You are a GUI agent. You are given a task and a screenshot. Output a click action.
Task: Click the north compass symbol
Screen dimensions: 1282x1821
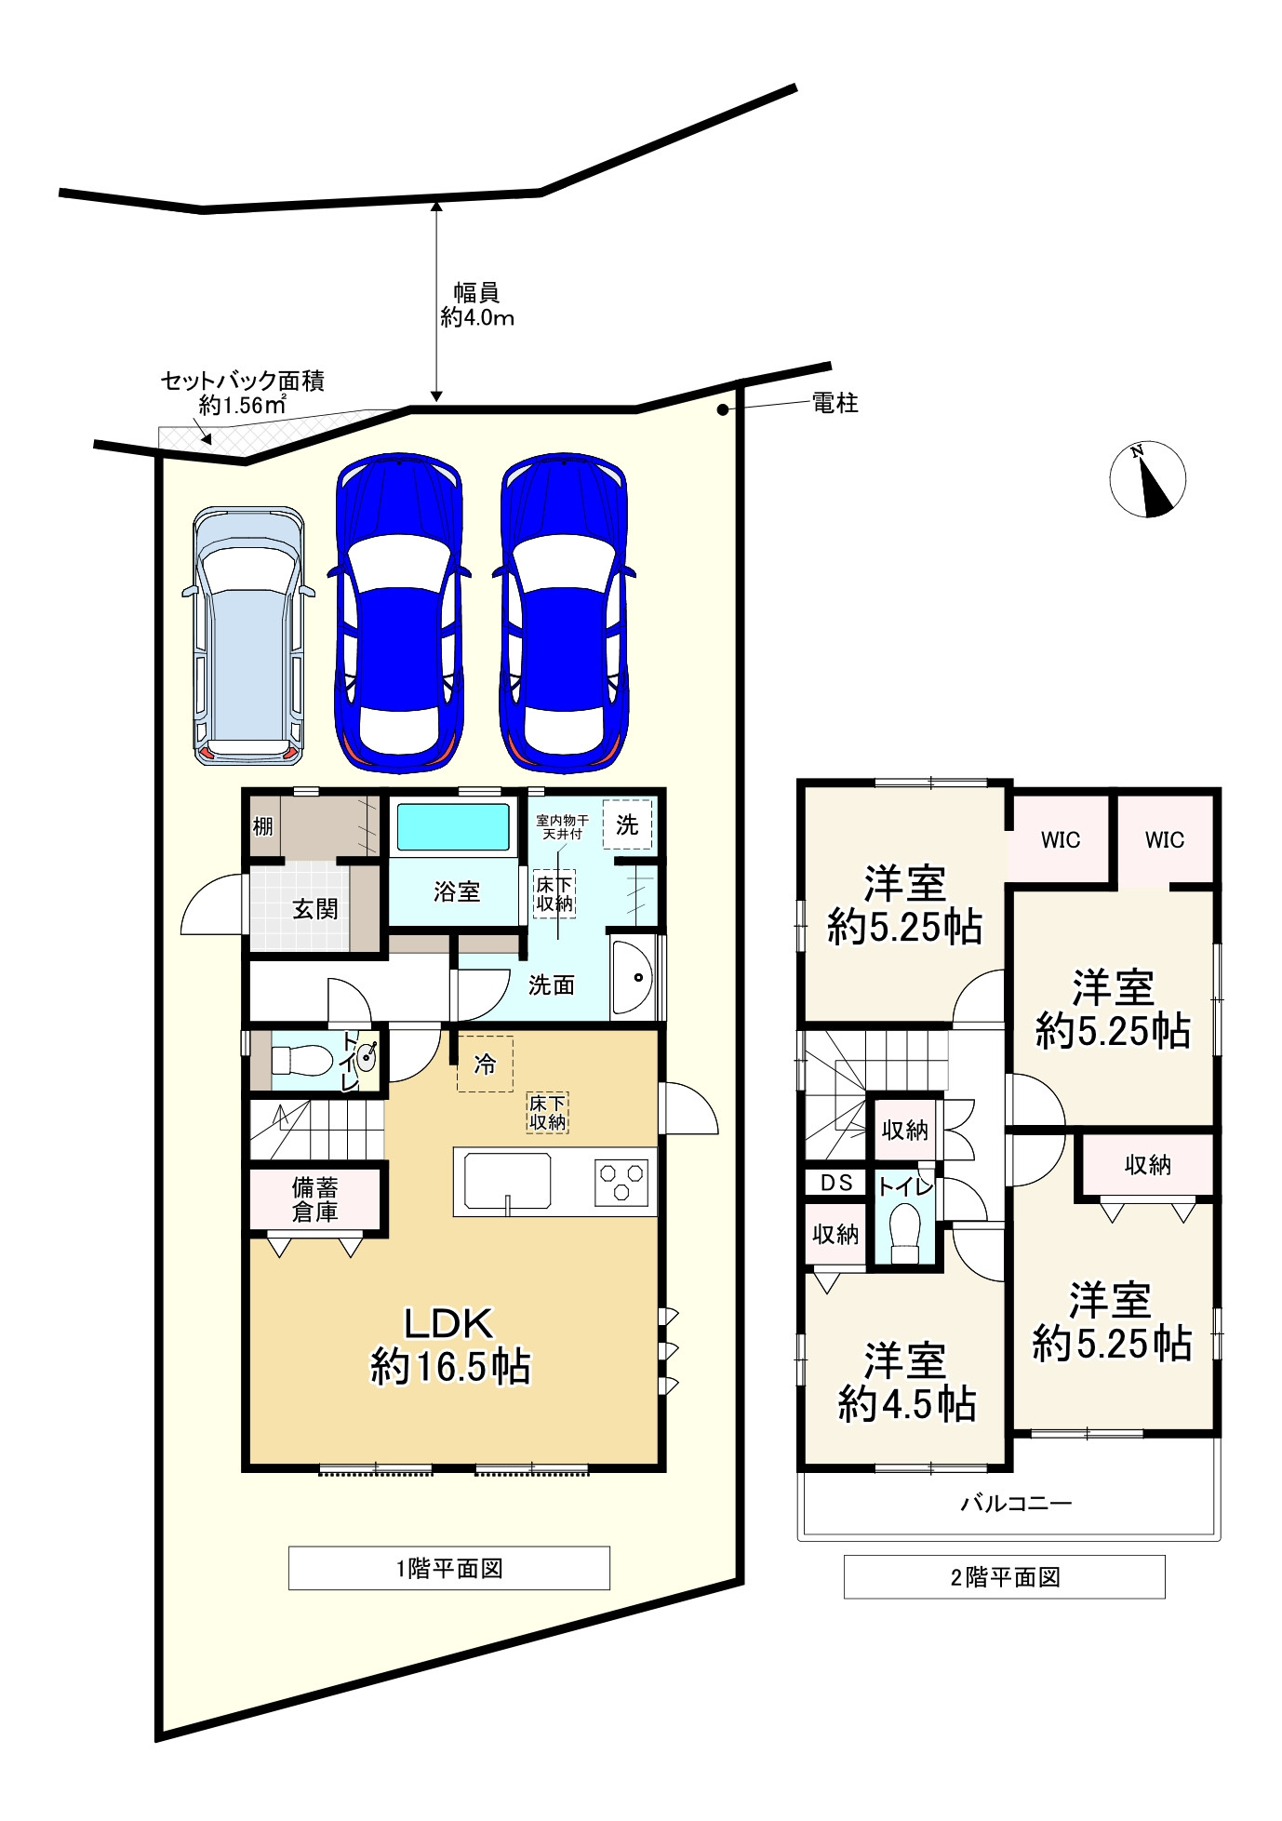tap(1148, 478)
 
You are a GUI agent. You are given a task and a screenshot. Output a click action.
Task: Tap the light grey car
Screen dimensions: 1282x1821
tap(248, 636)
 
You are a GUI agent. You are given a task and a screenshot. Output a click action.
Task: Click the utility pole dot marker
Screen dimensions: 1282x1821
tap(721, 409)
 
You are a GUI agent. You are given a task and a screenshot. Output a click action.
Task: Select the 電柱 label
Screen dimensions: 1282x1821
tap(835, 403)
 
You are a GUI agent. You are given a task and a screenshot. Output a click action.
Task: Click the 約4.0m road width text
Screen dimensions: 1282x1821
tap(477, 317)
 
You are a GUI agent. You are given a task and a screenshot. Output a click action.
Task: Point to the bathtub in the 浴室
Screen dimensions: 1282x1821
tap(453, 826)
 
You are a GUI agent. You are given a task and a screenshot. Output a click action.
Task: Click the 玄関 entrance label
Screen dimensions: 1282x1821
tap(315, 908)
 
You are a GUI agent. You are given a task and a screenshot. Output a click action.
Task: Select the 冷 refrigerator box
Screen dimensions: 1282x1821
tap(485, 1064)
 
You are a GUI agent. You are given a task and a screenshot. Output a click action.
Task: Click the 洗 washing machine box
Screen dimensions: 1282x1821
tap(627, 824)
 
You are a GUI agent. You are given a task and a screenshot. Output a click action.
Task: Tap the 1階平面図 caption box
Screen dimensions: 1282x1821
tap(449, 1568)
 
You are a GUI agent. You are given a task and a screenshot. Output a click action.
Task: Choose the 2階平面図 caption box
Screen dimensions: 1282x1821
tap(1005, 1576)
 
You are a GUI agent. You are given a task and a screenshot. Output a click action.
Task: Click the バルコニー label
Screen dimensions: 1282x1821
tap(1016, 1502)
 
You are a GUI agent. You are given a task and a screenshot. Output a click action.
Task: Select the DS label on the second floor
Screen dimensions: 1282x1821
tap(837, 1182)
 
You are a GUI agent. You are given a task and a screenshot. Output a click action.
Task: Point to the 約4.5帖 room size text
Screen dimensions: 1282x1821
tap(907, 1404)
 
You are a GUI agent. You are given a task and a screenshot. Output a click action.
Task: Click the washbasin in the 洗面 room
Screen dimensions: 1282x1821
tap(634, 978)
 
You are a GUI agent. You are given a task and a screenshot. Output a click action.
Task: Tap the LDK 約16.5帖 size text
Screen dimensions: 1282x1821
tap(450, 1345)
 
